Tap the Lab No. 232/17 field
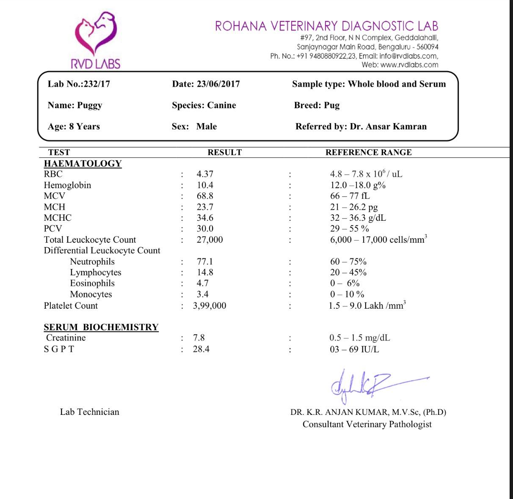pyautogui.click(x=79, y=84)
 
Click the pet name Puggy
pyautogui.click(x=89, y=105)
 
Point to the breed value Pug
pyautogui.click(x=332, y=105)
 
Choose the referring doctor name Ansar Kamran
pyautogui.click(x=388, y=126)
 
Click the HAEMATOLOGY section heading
pyautogui.click(x=83, y=164)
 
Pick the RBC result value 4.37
pyautogui.click(x=205, y=174)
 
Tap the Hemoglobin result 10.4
pyautogui.click(x=205, y=185)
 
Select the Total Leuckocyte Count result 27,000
pyautogui.click(x=210, y=240)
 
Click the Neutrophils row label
pyautogui.click(x=92, y=262)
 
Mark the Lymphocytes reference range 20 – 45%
pyautogui.click(x=348, y=273)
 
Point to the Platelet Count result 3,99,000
pyautogui.click(x=210, y=306)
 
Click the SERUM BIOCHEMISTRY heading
pyautogui.click(x=101, y=327)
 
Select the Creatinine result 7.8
pyautogui.click(x=199, y=338)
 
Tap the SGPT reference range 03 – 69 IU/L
pyautogui.click(x=354, y=349)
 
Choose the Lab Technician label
pyautogui.click(x=89, y=412)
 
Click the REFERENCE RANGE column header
pyautogui.click(x=368, y=153)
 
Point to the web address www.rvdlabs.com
pyautogui.click(x=409, y=65)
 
